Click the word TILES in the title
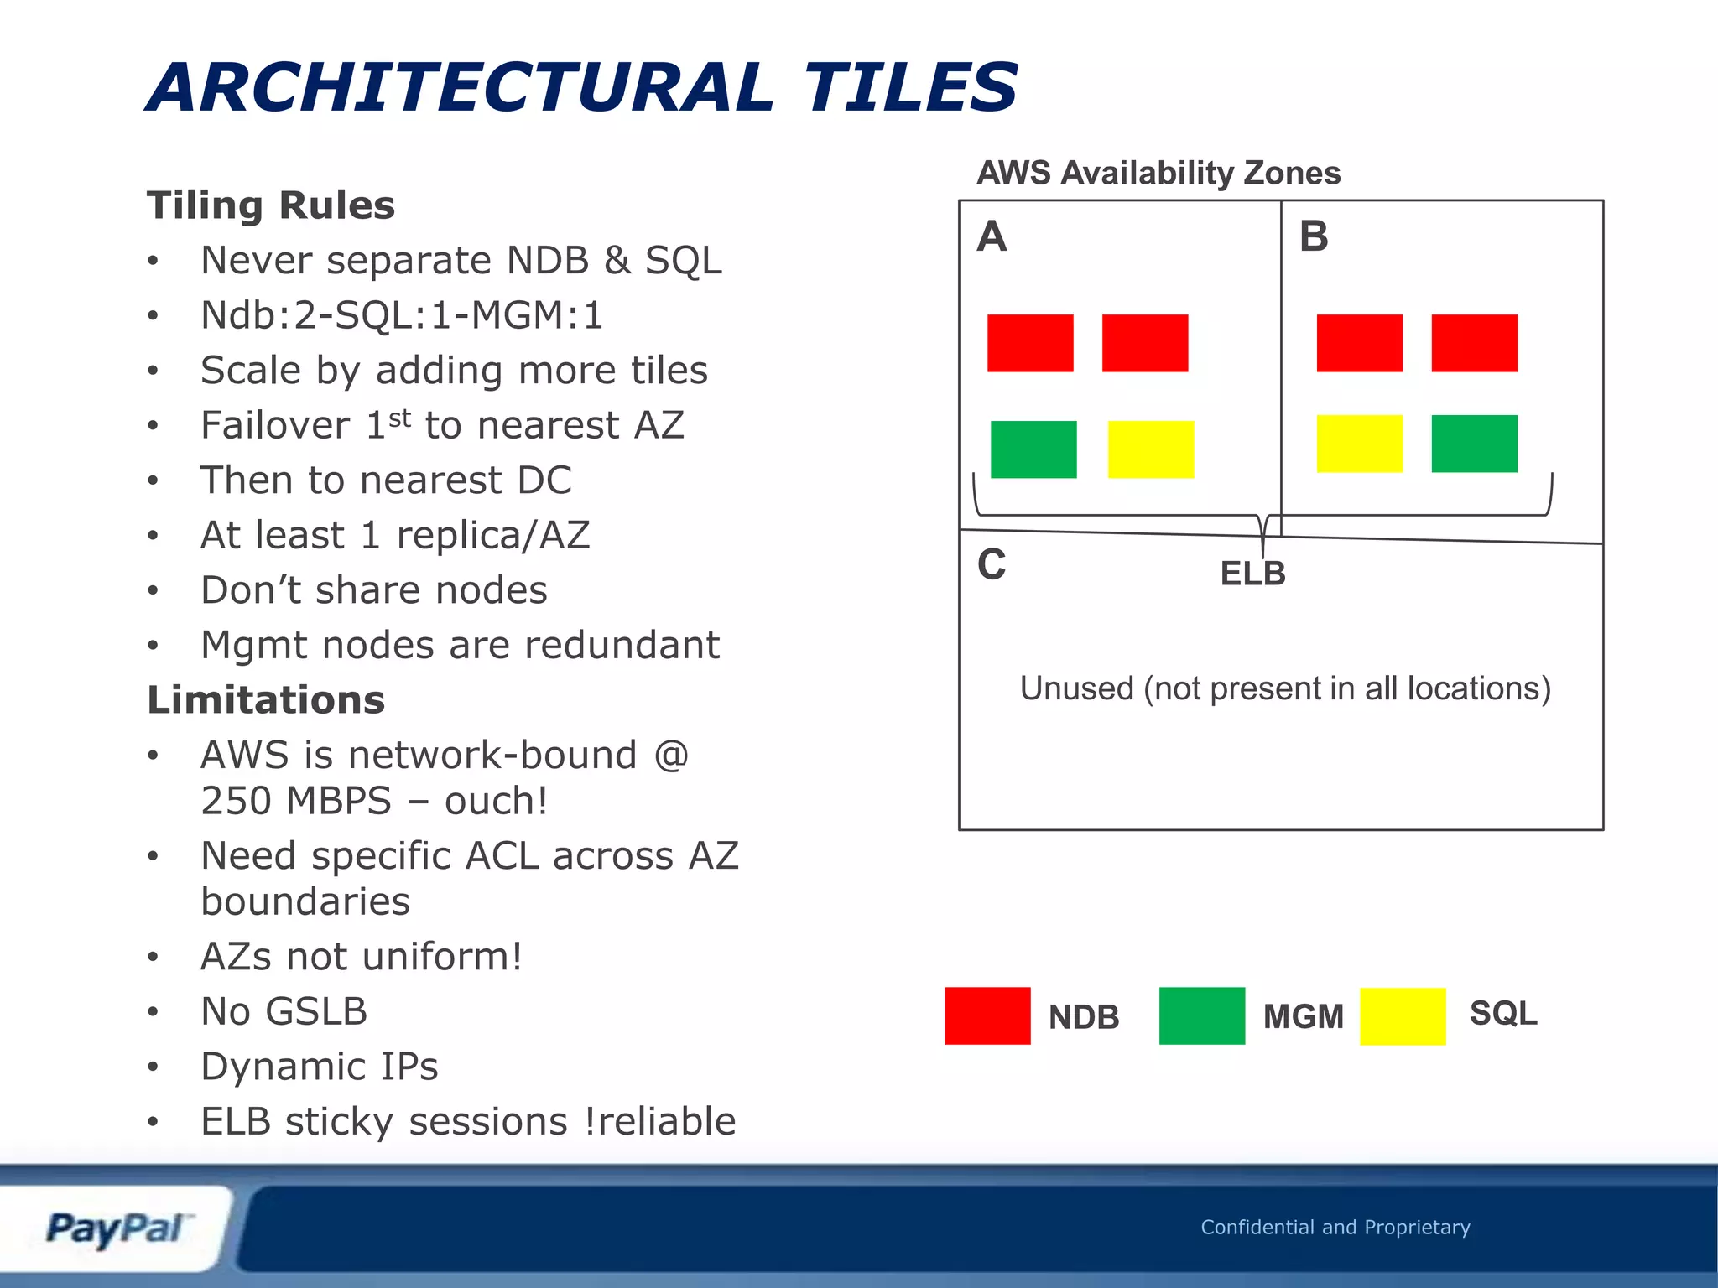tap(911, 87)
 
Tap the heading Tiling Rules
tap(271, 205)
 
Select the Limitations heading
tap(266, 700)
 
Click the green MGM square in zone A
tap(1033, 449)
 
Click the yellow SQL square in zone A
tap(1151, 449)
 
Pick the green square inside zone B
tap(1474, 444)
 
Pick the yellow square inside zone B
tap(1359, 444)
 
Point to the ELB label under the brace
tap(1252, 574)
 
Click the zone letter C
tap(992, 564)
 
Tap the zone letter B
tap(1314, 236)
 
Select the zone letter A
tap(992, 236)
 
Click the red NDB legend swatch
tap(987, 1015)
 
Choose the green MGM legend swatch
tap(1201, 1015)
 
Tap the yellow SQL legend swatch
tap(1402, 1016)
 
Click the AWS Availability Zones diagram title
tap(1158, 173)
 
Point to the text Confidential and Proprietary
tap(1335, 1227)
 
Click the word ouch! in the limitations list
tap(497, 801)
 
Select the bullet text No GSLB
tap(284, 1011)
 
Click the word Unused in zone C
tap(1076, 688)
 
